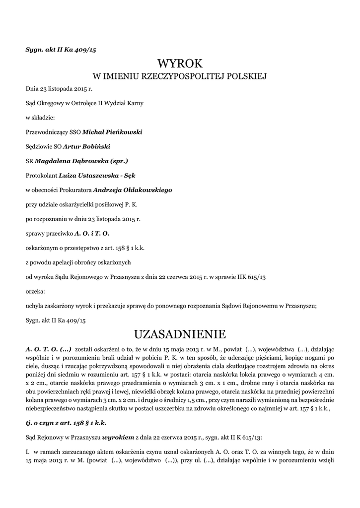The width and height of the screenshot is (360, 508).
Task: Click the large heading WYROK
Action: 180,63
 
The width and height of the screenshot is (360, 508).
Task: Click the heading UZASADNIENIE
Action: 180,332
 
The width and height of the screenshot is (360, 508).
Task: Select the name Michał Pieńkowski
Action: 112,132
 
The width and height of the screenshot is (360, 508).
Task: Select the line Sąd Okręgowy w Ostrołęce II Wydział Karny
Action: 84,104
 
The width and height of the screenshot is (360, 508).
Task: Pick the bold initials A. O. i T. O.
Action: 92,233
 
